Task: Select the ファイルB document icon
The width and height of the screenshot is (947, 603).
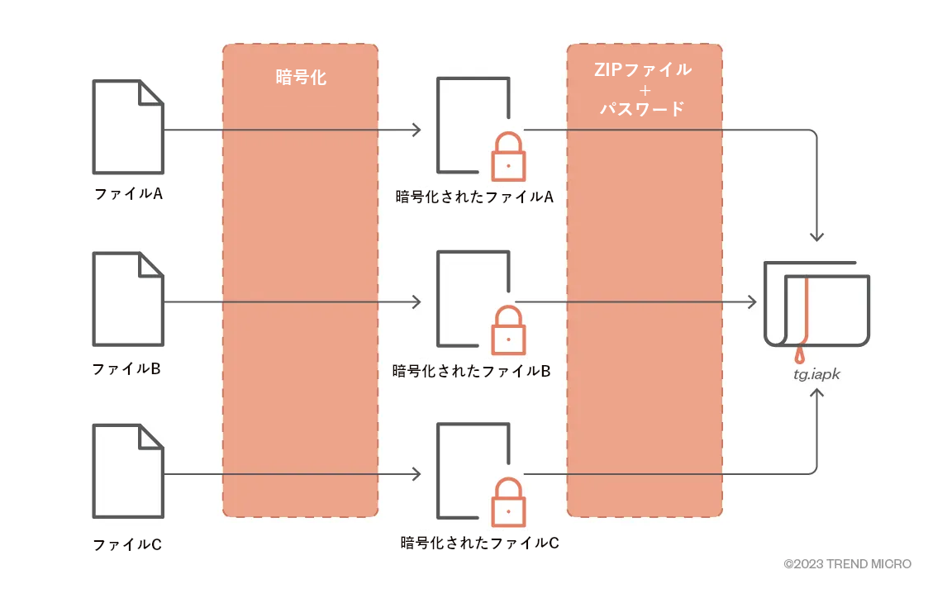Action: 128,299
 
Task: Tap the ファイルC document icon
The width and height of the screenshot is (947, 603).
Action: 128,472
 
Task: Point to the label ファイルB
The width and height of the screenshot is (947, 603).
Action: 126,368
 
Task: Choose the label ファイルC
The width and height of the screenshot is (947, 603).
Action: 127,545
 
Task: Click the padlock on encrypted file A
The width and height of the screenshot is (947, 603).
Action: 508,158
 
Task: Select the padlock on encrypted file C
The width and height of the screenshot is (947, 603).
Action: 508,504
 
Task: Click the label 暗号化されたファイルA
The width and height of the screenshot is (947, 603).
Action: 473,197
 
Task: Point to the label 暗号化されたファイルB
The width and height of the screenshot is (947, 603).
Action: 471,371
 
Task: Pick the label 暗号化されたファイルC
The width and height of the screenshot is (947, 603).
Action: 480,543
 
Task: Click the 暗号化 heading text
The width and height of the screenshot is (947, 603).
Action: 301,78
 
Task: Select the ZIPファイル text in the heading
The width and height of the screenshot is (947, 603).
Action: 644,69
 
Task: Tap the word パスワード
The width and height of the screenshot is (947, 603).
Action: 644,108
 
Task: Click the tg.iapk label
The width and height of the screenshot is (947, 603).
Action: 816,374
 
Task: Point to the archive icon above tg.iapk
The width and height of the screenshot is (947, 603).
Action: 816,305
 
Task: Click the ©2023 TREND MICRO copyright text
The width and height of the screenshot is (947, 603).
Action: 848,564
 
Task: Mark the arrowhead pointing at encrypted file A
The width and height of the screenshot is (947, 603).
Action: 416,130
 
